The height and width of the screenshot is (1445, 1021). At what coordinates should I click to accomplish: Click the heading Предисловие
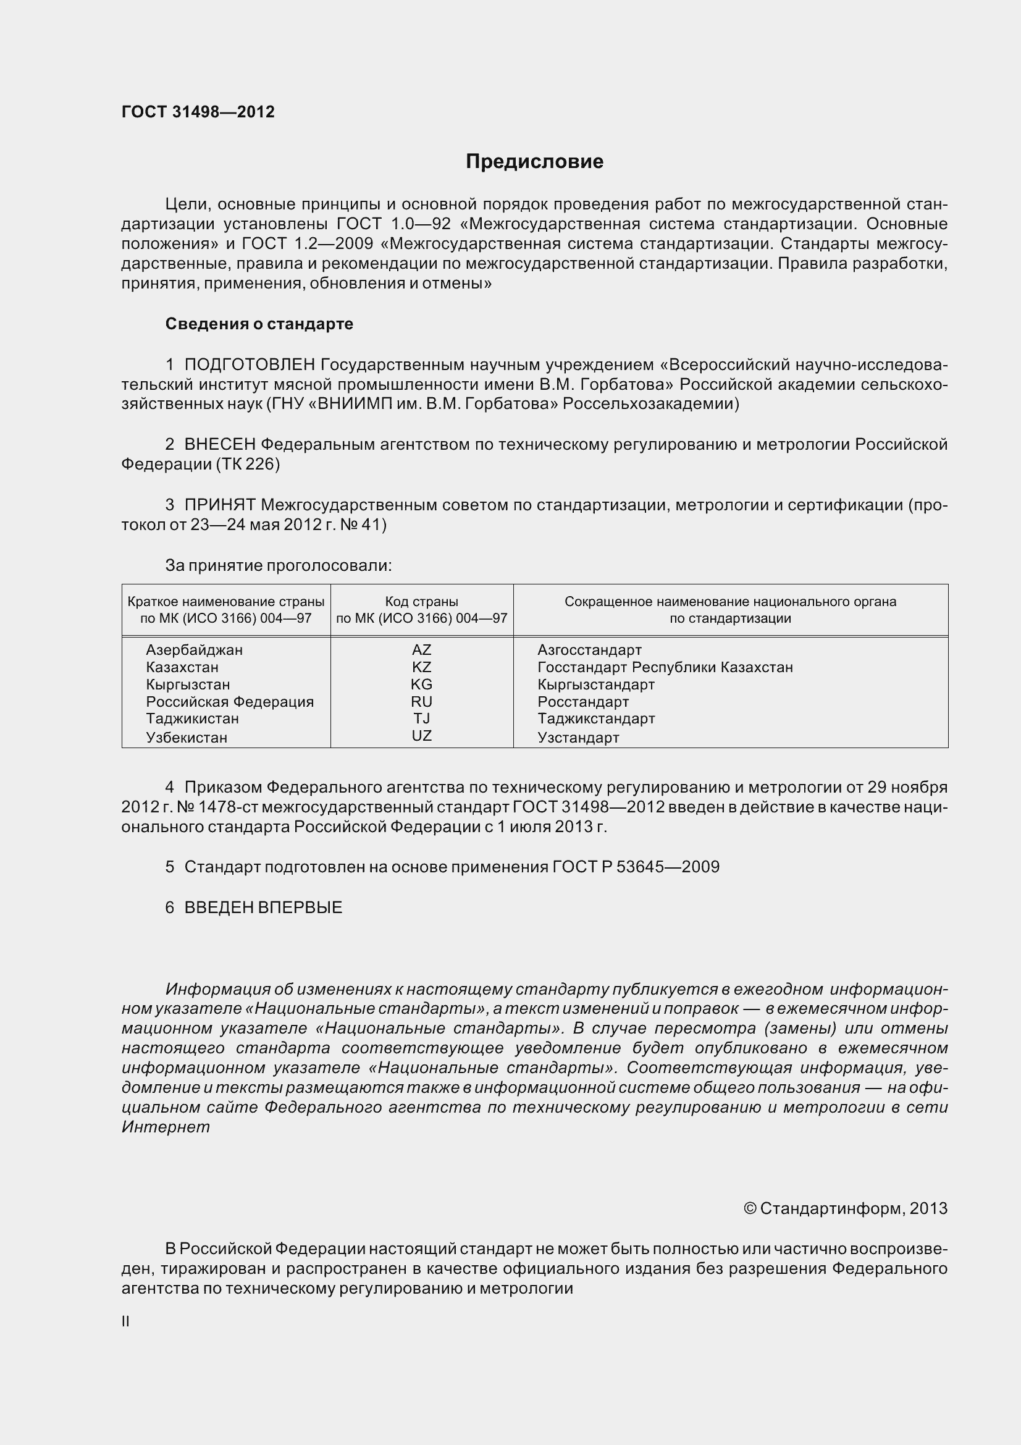(x=534, y=162)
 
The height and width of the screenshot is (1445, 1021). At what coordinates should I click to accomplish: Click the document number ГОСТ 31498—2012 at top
(x=198, y=112)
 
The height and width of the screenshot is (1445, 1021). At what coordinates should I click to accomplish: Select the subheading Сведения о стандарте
(x=259, y=324)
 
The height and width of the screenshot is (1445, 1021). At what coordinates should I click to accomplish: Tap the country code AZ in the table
(x=421, y=649)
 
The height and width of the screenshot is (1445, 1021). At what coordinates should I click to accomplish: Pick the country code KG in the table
(x=421, y=684)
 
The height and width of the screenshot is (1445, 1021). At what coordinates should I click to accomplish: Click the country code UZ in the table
(x=421, y=735)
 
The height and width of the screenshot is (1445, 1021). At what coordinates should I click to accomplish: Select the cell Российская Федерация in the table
(x=230, y=701)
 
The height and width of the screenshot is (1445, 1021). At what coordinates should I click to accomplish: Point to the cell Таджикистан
(x=193, y=718)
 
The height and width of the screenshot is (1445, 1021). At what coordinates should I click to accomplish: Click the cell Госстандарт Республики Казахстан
(x=665, y=667)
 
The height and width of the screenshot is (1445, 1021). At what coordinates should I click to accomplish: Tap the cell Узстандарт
(x=578, y=737)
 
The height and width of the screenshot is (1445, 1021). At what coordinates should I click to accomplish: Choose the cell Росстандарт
(x=582, y=701)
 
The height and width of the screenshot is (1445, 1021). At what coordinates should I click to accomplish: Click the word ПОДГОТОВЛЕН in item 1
(x=250, y=364)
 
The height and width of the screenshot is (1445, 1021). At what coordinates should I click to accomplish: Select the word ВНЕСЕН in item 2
(x=219, y=444)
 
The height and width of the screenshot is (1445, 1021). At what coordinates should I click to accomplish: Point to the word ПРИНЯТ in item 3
(x=219, y=505)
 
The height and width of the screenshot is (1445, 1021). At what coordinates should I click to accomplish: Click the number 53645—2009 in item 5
(x=668, y=867)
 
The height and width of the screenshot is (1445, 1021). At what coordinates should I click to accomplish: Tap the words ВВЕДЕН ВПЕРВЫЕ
(x=263, y=907)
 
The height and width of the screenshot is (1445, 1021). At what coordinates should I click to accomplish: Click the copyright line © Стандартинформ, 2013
(x=845, y=1208)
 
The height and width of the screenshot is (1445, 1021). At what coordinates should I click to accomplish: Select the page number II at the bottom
(x=126, y=1321)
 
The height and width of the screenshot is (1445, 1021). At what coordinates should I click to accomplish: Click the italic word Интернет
(x=166, y=1127)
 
